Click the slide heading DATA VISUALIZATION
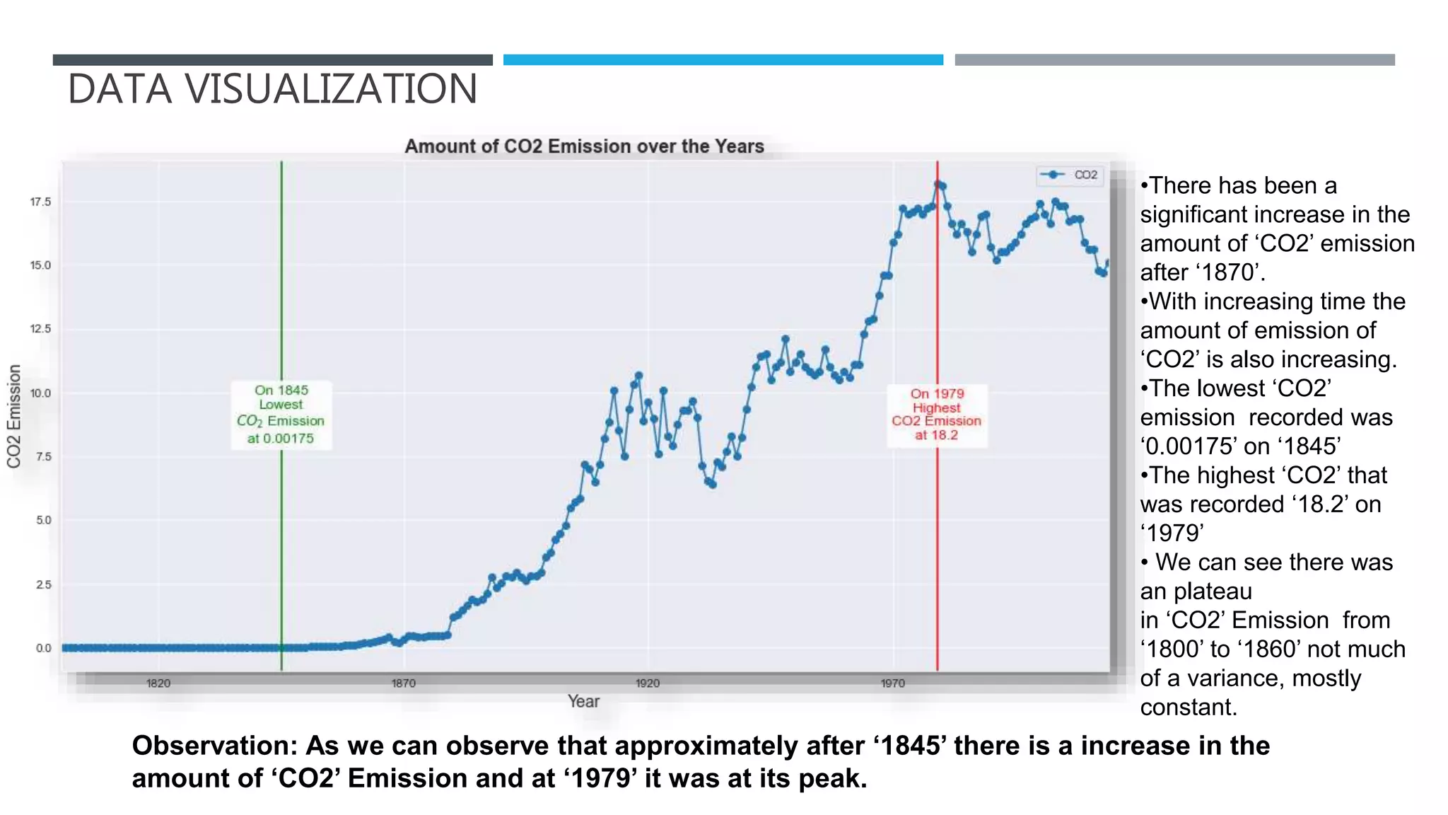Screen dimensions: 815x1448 272,89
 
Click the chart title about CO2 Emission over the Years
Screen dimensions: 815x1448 584,146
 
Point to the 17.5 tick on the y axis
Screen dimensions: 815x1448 40,202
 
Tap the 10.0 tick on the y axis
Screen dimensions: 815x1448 40,393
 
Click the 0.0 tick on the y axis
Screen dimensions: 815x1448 43,648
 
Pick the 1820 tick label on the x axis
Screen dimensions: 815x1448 158,683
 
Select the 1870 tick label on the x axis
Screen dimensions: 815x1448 404,683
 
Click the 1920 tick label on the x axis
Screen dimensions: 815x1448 648,683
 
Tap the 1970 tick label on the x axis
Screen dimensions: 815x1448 892,683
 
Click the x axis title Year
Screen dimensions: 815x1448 583,701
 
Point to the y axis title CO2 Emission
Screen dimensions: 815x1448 14,416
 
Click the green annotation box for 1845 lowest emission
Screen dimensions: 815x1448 281,414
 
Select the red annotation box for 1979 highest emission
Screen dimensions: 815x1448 937,415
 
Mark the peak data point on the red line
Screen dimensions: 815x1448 938,184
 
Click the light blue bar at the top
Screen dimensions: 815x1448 723,60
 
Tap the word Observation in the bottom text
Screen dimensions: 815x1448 214,746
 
